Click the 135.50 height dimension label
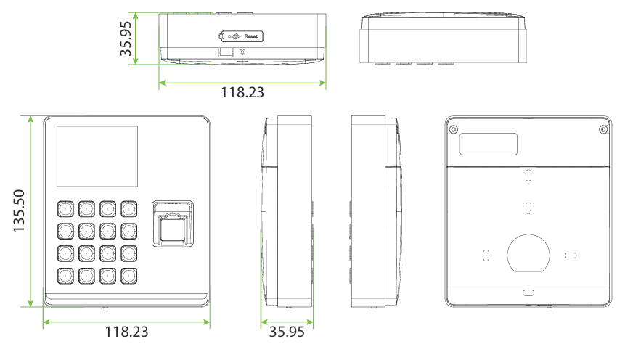point(19,211)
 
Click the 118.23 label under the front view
point(126,332)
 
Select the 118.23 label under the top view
point(242,92)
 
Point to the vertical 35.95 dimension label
point(126,38)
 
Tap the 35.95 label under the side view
point(287,332)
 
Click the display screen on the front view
point(97,156)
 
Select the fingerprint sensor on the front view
point(173,224)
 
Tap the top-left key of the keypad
point(65,209)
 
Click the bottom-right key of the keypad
point(128,276)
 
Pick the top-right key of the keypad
point(128,209)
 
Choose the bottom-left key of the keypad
point(65,276)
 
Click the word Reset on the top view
point(251,36)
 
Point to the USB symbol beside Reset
point(234,36)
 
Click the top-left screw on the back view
point(453,129)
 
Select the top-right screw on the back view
point(603,129)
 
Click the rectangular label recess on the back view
point(489,144)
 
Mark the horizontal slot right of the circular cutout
point(571,255)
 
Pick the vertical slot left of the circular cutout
point(486,255)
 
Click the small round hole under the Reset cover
point(242,52)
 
